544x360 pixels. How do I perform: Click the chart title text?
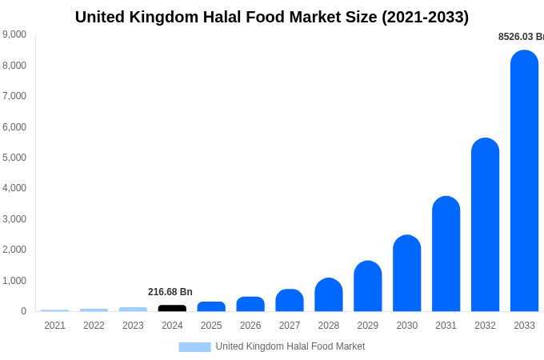coord(272,17)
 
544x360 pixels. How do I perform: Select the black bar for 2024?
coord(172,308)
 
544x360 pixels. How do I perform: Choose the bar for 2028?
coord(328,295)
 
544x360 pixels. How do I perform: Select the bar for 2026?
coord(250,304)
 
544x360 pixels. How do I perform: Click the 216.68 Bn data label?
coord(170,292)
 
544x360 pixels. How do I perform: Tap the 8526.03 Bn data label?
coord(521,37)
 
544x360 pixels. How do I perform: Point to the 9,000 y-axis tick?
coord(14,34)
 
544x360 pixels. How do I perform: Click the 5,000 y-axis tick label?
coord(14,158)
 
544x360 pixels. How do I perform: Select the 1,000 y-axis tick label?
coord(14,281)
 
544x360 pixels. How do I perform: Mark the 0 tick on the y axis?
coord(23,311)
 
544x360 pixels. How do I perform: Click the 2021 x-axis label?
coord(54,326)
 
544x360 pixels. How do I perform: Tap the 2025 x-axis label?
coord(211,326)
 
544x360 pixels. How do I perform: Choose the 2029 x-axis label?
coord(367,326)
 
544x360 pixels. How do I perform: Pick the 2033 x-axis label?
coord(524,326)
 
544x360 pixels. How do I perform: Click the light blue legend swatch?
coord(194,346)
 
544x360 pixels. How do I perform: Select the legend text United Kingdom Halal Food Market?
coord(290,346)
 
